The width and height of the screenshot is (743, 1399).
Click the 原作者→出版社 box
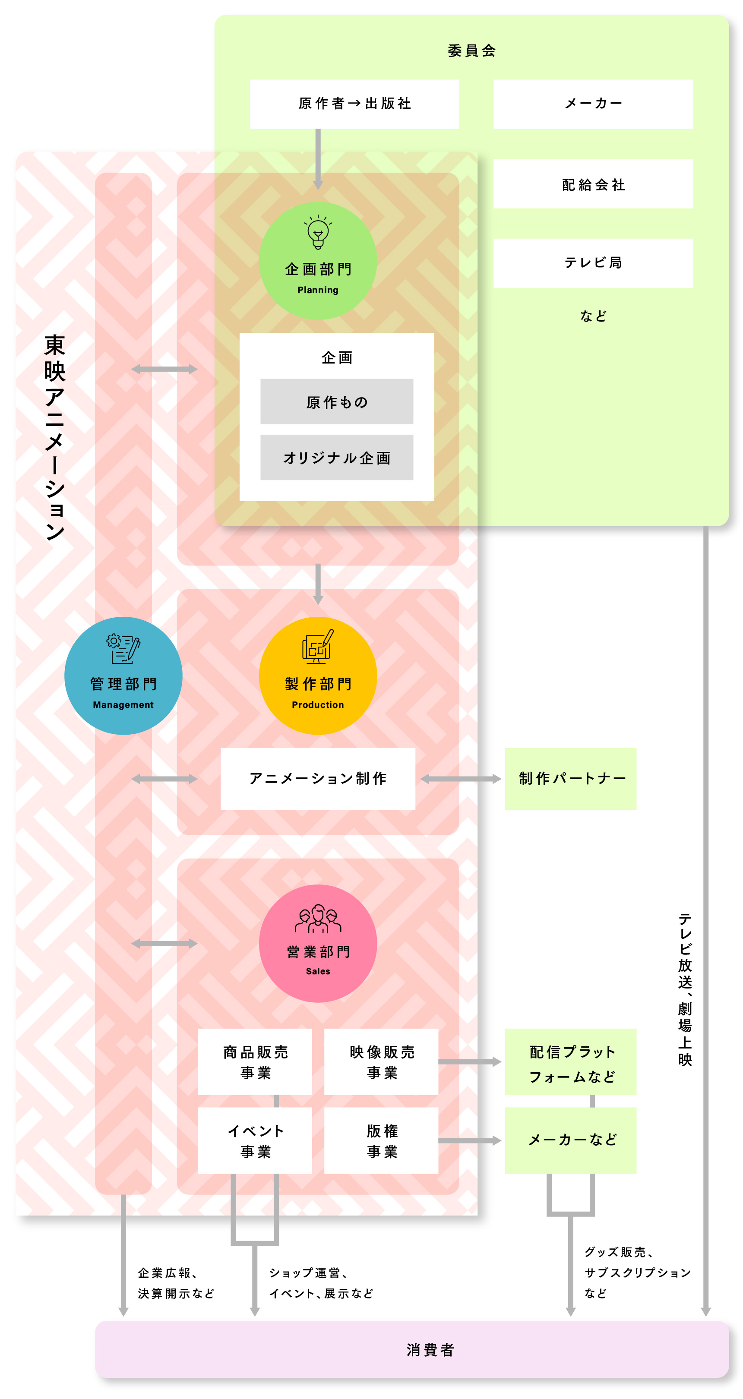[x=354, y=104]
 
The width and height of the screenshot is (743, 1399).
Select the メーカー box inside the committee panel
[x=593, y=104]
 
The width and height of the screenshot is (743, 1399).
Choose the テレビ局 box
[x=593, y=263]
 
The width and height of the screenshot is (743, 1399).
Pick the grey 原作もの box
[x=336, y=401]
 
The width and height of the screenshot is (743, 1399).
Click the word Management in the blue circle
[x=123, y=704]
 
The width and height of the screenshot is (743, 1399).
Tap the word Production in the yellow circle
[x=318, y=704]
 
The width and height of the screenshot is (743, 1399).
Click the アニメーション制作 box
[x=318, y=778]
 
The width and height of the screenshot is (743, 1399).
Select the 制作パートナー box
[x=570, y=778]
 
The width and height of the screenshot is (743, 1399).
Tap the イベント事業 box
[x=255, y=1140]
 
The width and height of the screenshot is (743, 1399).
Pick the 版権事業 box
[x=381, y=1140]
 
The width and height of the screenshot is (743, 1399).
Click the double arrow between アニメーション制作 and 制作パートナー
[x=460, y=779]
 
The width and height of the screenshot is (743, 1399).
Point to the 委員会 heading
[x=471, y=51]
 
